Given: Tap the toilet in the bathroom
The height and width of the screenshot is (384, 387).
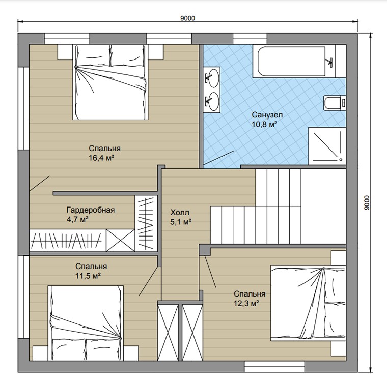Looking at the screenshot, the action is (335, 103).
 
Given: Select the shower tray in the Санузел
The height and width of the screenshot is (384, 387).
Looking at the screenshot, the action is (327, 146).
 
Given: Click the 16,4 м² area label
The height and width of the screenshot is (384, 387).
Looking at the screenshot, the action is (101, 158).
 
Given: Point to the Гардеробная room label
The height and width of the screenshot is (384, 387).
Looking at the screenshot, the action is (91, 210).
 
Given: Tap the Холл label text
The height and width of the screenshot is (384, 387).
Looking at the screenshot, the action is (180, 212).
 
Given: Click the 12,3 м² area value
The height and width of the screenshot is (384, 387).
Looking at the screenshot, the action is (246, 303).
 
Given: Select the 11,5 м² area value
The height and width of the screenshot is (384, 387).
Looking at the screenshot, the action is (88, 276).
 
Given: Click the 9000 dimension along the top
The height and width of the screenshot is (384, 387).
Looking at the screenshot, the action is (187, 18).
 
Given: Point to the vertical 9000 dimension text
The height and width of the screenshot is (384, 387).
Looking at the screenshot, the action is (367, 202).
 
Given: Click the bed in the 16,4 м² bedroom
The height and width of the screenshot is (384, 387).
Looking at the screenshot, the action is (110, 82).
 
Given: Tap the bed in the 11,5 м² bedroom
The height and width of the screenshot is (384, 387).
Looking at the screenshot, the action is (86, 323).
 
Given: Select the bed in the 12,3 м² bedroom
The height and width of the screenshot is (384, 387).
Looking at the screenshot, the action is (308, 303).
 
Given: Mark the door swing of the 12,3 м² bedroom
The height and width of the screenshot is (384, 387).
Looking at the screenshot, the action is (210, 272).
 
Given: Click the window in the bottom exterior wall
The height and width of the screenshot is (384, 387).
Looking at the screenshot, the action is (274, 367).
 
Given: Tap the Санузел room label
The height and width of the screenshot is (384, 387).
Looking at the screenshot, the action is (267, 115).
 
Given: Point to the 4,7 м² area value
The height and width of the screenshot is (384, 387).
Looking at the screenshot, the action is (77, 219).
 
